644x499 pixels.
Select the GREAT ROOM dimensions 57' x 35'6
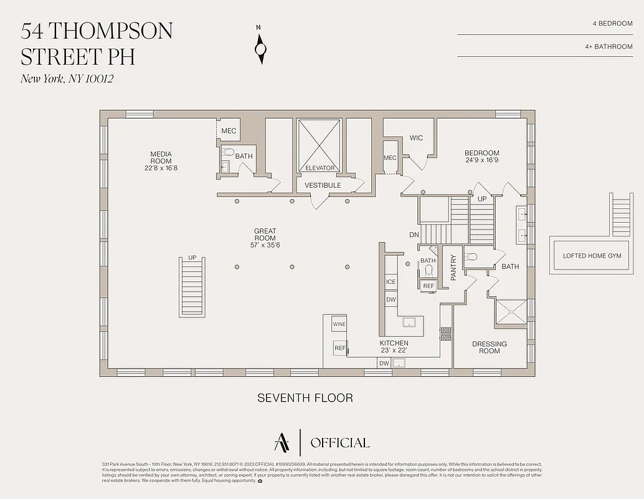(265, 245)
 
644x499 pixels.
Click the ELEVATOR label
(320, 168)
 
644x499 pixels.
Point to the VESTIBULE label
(323, 185)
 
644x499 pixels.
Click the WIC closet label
(416, 138)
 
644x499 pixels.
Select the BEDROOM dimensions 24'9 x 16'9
(481, 160)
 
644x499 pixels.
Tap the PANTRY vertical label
(453, 268)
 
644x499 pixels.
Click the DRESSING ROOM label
(490, 347)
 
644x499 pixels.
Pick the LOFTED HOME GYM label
(592, 256)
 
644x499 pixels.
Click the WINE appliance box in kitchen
(339, 324)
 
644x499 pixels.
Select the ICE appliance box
(391, 282)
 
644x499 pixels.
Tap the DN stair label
(414, 235)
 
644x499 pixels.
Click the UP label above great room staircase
(192, 258)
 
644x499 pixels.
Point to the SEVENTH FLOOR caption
(305, 398)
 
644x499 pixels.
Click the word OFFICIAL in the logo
(339, 443)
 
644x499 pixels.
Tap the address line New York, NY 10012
(67, 79)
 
